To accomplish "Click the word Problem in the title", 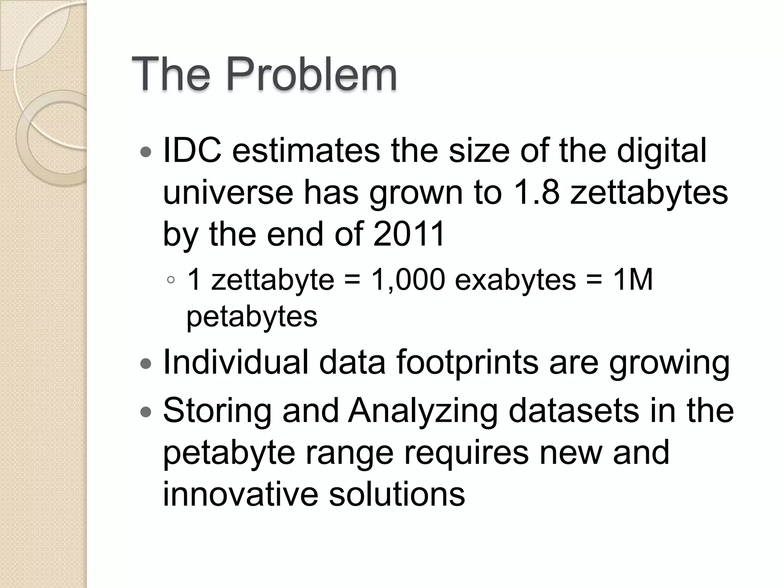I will [311, 73].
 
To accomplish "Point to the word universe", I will [228, 193].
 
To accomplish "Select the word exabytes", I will [515, 280].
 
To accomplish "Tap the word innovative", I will [240, 494].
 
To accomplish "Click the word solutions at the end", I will [397, 494].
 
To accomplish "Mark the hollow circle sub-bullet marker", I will [171, 280].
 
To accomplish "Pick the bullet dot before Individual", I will [146, 363].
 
